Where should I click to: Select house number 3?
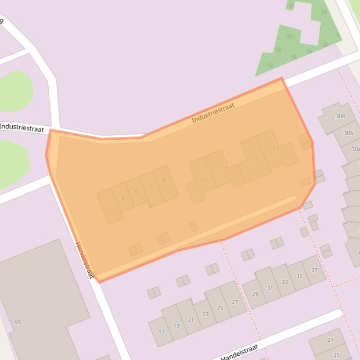tap(123, 198)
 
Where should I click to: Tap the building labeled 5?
tap(136, 192)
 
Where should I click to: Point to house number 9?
tap(165, 182)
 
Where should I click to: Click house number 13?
tap(224, 168)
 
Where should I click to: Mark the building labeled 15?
tap(256, 159)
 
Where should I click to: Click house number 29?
tap(255, 293)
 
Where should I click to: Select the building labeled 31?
tap(270, 287)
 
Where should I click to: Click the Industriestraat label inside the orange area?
tap(213, 113)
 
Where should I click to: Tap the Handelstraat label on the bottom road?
tap(239, 352)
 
